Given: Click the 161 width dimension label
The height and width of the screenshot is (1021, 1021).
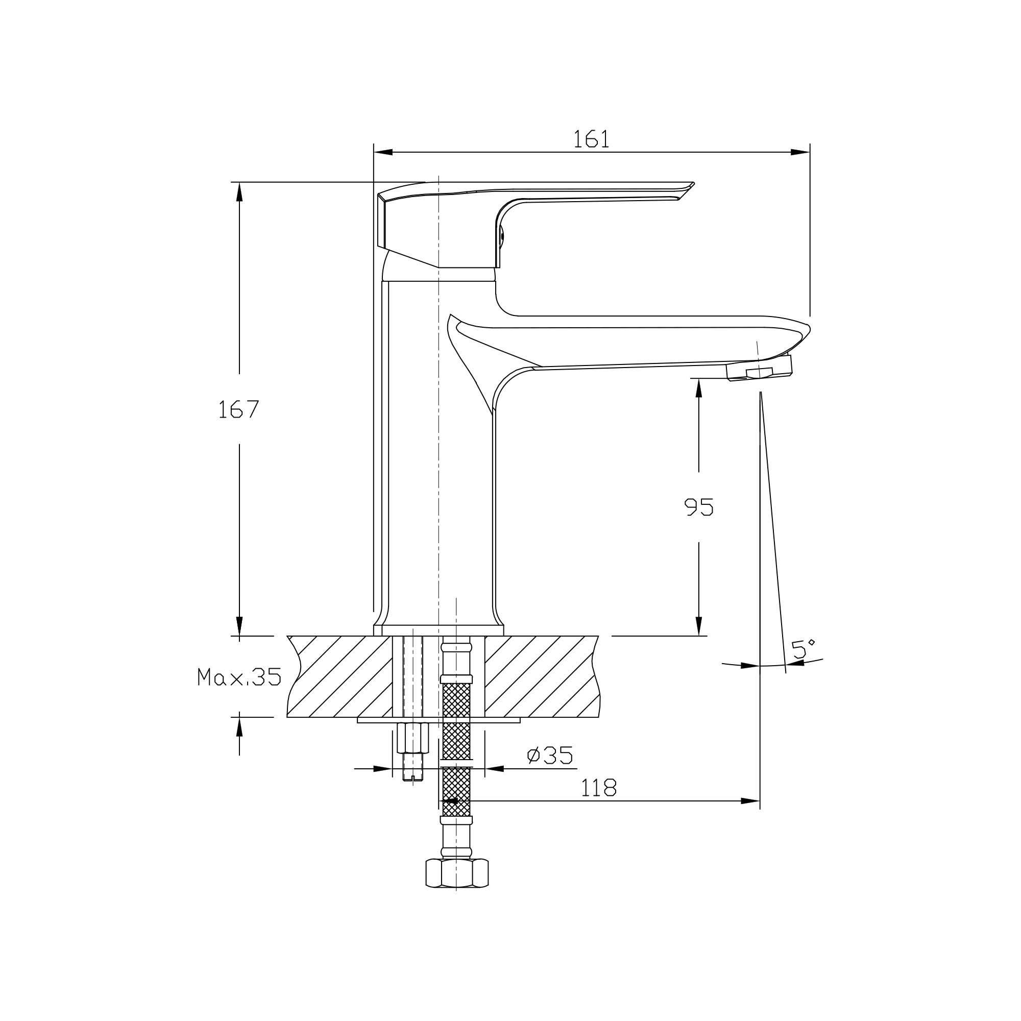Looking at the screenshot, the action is point(591,139).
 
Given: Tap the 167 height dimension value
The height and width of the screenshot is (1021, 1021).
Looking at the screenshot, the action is point(238,409).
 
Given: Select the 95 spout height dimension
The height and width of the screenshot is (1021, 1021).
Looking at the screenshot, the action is point(699,507).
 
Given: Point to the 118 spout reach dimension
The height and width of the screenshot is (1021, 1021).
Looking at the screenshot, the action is point(599,788).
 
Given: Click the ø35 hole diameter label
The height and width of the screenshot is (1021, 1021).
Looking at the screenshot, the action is point(550,756).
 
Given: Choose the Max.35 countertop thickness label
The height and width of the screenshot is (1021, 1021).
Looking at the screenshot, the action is point(239,677).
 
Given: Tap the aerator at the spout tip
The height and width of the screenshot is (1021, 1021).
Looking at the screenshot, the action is point(760,369).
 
